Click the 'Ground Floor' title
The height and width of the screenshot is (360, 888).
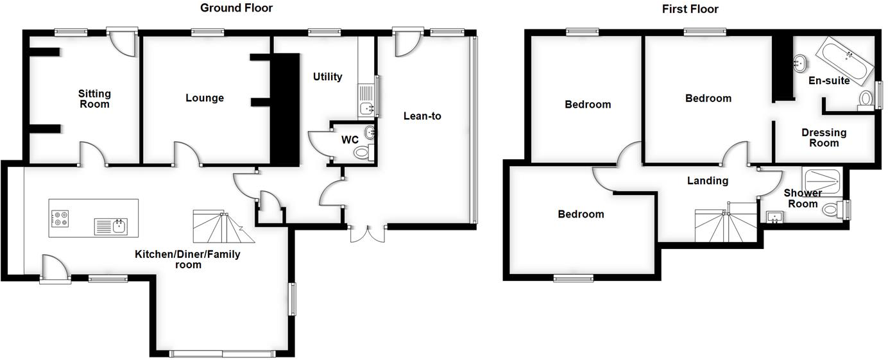236,8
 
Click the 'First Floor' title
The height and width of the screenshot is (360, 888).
690,9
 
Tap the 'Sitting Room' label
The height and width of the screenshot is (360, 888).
94,99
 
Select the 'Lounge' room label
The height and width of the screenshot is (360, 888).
205,98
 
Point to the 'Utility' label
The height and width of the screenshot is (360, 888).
327,77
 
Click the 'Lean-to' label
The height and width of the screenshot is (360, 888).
422,116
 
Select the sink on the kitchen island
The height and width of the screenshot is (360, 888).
112,226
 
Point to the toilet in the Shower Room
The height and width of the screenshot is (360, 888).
832,209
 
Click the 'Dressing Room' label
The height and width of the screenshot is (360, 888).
824,137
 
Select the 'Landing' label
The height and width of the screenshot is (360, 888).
708,181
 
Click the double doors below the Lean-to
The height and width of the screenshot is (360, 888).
368,234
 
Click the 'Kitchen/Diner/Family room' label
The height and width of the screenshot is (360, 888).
187,259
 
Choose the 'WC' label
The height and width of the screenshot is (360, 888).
350,139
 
